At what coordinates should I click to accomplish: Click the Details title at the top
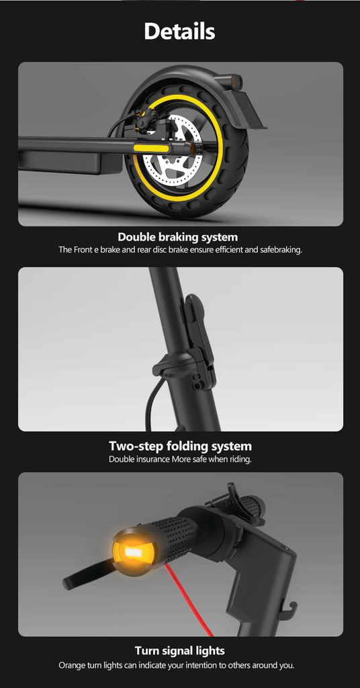click(179, 32)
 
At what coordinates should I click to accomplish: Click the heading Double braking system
click(177, 237)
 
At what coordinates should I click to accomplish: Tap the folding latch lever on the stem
click(196, 327)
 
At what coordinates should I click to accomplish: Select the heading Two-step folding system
click(180, 446)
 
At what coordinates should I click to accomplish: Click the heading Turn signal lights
click(180, 650)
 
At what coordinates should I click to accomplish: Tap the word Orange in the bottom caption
click(70, 666)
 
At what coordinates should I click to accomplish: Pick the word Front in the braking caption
click(83, 251)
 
